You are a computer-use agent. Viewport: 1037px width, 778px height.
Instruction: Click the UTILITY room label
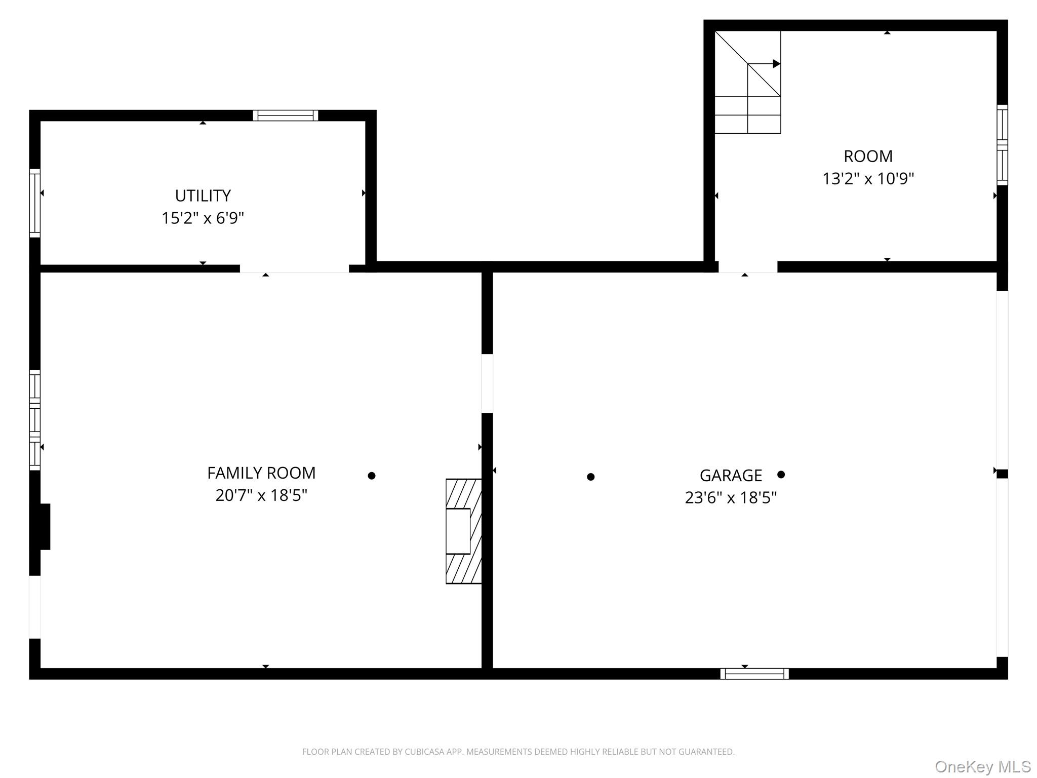tap(203, 196)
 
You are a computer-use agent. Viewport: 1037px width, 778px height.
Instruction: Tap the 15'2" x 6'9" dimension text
tap(203, 218)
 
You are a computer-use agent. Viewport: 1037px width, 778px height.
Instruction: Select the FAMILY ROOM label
tap(261, 473)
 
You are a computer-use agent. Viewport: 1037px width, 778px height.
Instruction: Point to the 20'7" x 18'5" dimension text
tap(261, 495)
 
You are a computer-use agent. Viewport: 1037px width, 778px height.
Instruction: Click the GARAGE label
tap(731, 476)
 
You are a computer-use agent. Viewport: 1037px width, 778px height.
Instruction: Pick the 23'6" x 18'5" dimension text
tap(731, 498)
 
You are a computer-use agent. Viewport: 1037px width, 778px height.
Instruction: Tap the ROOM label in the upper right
tap(868, 157)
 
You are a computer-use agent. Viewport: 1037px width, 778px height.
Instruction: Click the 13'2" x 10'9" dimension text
tap(868, 179)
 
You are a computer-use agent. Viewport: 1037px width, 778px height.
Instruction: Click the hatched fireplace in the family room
tap(463, 531)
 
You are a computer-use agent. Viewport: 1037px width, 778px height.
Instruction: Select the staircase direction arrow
tap(776, 64)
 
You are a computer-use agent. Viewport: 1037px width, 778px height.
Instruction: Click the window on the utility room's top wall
tap(286, 115)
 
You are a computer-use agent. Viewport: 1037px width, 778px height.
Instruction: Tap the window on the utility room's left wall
tap(34, 203)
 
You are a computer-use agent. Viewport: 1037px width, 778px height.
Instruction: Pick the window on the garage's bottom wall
tap(754, 674)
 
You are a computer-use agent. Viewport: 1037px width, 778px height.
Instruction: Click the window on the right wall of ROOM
tap(1002, 145)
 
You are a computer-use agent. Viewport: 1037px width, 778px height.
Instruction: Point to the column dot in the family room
tap(372, 476)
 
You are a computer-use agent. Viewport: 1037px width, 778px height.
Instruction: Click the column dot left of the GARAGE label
tap(590, 477)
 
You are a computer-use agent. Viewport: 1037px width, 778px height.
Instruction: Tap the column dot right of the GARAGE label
tap(781, 475)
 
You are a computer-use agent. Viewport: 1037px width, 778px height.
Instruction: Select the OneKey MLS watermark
tap(982, 767)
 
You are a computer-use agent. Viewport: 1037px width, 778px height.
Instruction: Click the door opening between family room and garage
tap(487, 383)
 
